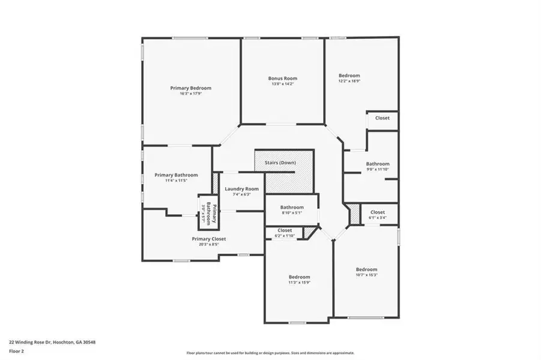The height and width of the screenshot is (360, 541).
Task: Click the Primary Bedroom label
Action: point(190,88)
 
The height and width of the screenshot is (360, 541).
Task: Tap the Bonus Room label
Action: point(282,78)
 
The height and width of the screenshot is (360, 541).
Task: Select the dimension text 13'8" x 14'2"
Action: point(282,84)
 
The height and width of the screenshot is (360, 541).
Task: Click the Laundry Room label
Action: point(242,189)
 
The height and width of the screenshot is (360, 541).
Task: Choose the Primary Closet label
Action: point(209,239)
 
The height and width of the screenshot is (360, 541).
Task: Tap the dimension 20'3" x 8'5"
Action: point(209,244)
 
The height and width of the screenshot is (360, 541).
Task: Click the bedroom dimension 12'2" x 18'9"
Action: point(349,81)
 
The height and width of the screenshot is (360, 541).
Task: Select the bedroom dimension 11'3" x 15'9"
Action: point(299,283)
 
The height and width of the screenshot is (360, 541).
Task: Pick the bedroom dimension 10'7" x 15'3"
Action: point(366,275)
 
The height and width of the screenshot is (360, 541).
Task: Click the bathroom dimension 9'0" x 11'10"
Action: point(378,169)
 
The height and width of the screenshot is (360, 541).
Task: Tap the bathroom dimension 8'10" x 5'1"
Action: point(292,213)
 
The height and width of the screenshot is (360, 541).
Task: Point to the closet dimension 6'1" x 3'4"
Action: point(378,218)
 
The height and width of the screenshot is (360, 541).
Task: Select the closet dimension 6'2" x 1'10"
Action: point(285,236)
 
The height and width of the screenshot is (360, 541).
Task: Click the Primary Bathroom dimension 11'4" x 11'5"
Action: point(172,181)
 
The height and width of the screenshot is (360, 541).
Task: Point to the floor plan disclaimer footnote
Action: point(270,353)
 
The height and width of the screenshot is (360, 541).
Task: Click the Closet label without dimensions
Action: point(382,118)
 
